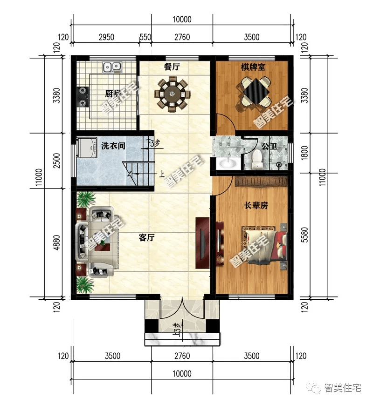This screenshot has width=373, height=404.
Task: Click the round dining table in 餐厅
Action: [x=172, y=94]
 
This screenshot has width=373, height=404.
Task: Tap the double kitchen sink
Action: [x=112, y=67]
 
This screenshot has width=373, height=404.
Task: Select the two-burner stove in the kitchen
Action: [x=83, y=97]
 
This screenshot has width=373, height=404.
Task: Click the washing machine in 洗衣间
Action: [x=87, y=148]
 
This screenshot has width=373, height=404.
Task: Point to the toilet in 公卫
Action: [x=257, y=159]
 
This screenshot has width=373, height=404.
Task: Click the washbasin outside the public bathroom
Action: [x=228, y=164]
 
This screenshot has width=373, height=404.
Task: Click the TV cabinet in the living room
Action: [x=202, y=243]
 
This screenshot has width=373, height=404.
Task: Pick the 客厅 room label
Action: [x=146, y=237]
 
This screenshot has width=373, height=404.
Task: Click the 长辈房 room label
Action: [x=256, y=205]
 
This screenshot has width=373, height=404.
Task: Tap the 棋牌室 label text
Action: [x=253, y=67]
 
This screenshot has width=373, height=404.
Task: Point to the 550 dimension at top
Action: [x=145, y=37]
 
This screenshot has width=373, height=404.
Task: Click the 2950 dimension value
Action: [x=106, y=37]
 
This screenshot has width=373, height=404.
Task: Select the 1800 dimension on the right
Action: [x=304, y=153]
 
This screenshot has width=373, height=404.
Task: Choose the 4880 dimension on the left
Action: [x=56, y=242]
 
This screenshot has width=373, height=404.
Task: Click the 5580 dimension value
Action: [x=304, y=235]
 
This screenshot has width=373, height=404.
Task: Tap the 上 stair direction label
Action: [x=162, y=174]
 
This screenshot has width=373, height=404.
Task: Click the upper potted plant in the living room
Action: [x=85, y=200]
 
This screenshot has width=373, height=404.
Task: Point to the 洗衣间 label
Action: [x=113, y=146]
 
